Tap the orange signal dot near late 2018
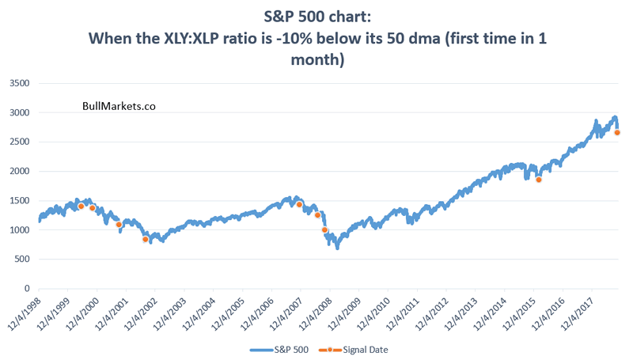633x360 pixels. tap(617, 132)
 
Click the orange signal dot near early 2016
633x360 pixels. tap(538, 180)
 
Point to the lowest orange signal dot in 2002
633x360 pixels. tap(145, 239)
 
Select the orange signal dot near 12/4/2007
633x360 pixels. tap(299, 204)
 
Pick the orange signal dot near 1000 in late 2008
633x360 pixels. tap(324, 229)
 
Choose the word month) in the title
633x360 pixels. tap(316, 59)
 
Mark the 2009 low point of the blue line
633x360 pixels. tap(337, 248)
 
